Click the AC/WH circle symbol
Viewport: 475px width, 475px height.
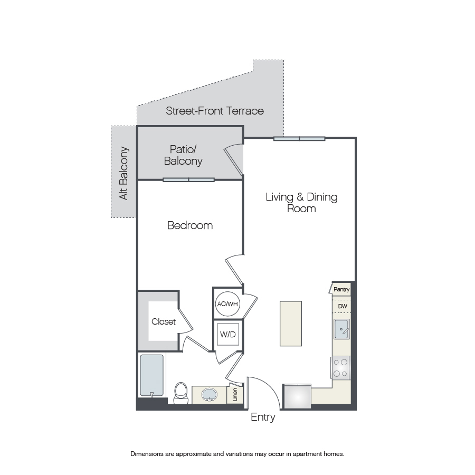227,304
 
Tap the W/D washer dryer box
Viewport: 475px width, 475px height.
228,334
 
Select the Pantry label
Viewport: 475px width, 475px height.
341,289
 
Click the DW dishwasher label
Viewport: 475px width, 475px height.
343,306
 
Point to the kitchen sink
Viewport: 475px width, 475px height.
341,329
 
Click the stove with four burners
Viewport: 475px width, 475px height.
340,368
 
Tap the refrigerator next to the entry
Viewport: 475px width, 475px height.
297,396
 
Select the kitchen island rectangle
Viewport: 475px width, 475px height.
291,324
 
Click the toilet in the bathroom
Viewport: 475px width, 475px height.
181,393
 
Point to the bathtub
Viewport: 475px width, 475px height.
152,375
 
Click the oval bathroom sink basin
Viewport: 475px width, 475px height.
210,395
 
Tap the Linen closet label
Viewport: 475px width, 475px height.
235,394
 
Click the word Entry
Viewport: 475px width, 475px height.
263,418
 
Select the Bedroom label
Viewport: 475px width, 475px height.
190,225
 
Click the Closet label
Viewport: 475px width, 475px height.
164,321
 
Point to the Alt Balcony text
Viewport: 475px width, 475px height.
123,173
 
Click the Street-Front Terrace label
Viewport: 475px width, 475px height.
215,111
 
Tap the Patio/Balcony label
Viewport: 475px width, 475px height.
183,155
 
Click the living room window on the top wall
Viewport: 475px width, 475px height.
299,139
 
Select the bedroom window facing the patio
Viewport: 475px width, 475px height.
189,180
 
